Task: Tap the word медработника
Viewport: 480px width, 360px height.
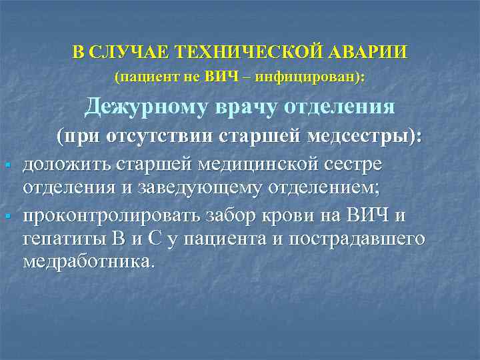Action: [x=89, y=261]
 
